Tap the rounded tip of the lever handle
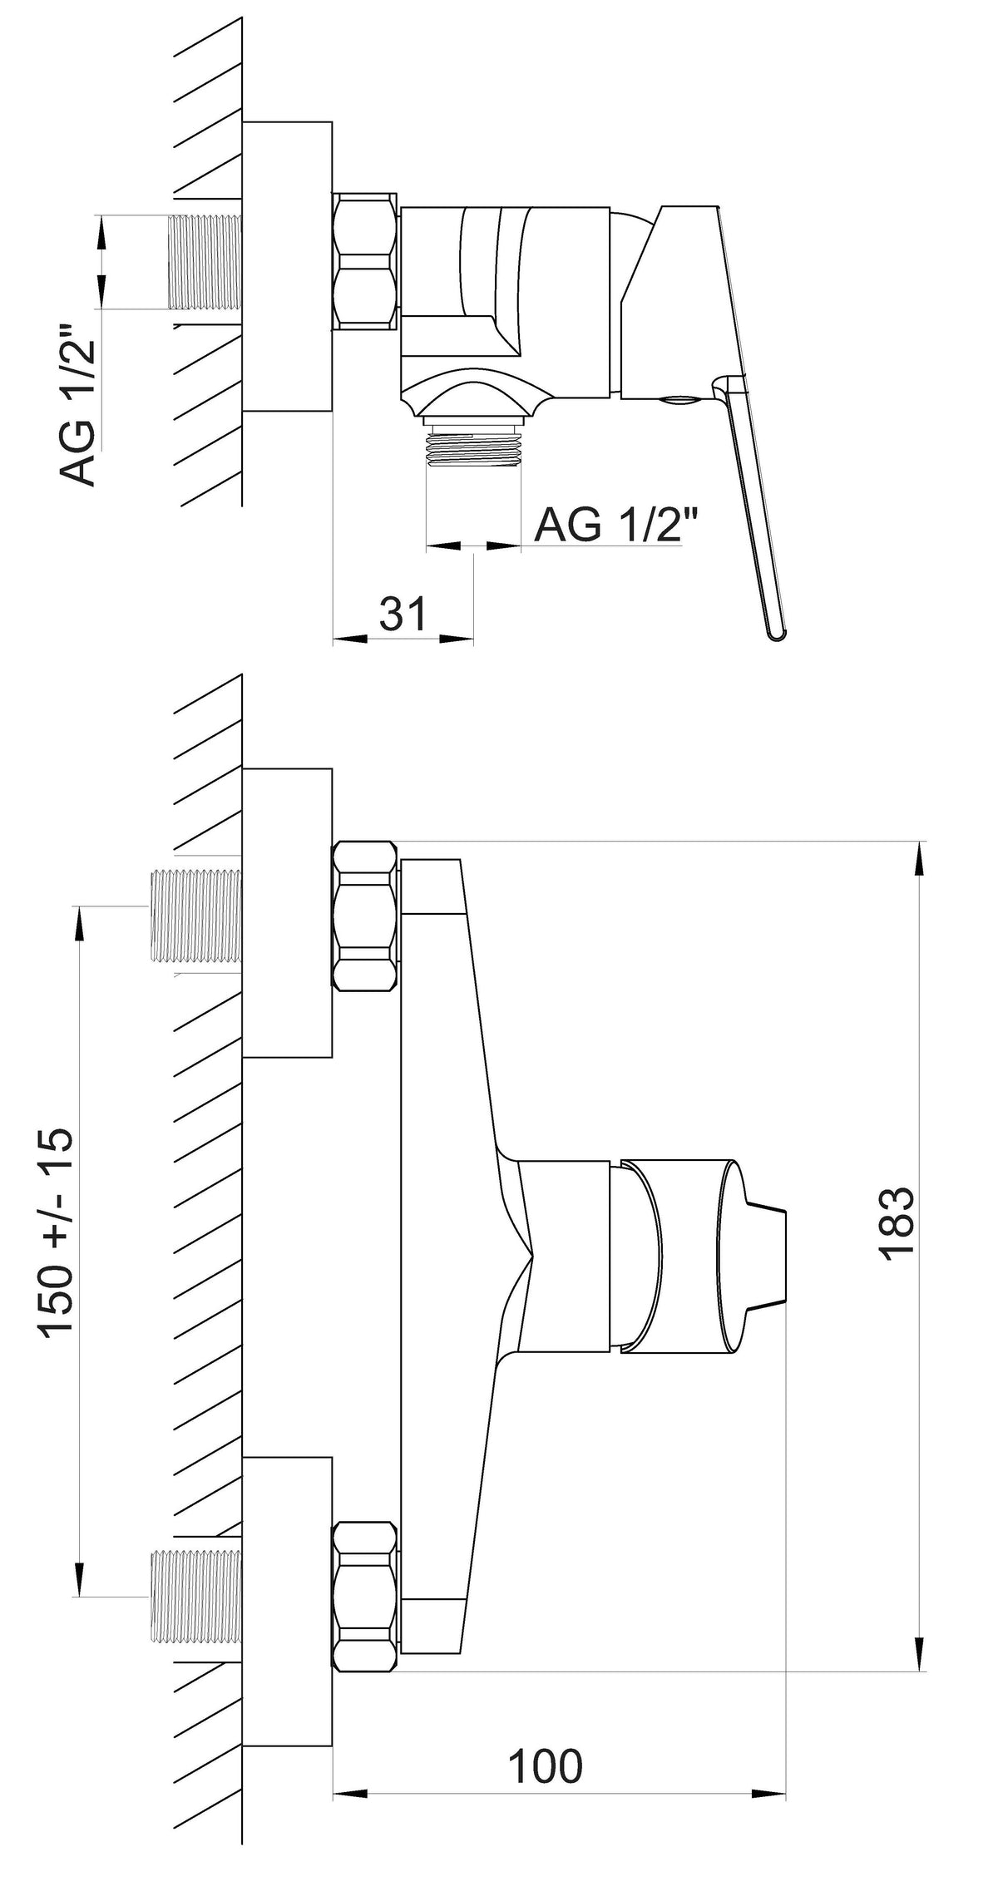coord(775,634)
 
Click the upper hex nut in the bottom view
coord(365,916)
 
